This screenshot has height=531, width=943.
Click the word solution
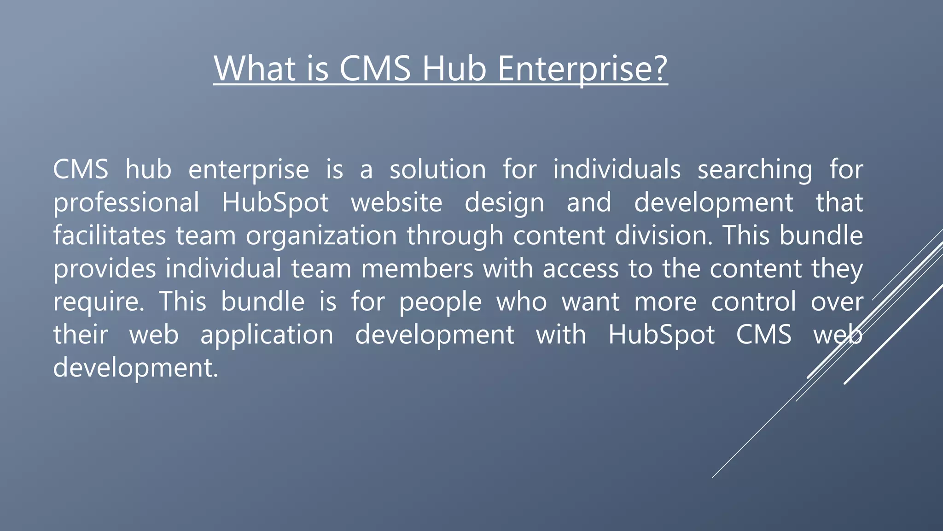[437, 169]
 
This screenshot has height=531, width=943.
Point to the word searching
[755, 170]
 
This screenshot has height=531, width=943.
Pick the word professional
[126, 203]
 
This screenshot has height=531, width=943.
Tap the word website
[396, 202]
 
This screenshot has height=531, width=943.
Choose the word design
[504, 203]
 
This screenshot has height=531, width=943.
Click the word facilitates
[110, 236]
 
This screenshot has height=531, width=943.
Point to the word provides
[105, 269]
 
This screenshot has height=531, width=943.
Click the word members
[417, 269]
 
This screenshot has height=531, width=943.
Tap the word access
[581, 269]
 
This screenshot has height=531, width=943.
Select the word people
[440, 302]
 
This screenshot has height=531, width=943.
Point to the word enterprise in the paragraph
[249, 170]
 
